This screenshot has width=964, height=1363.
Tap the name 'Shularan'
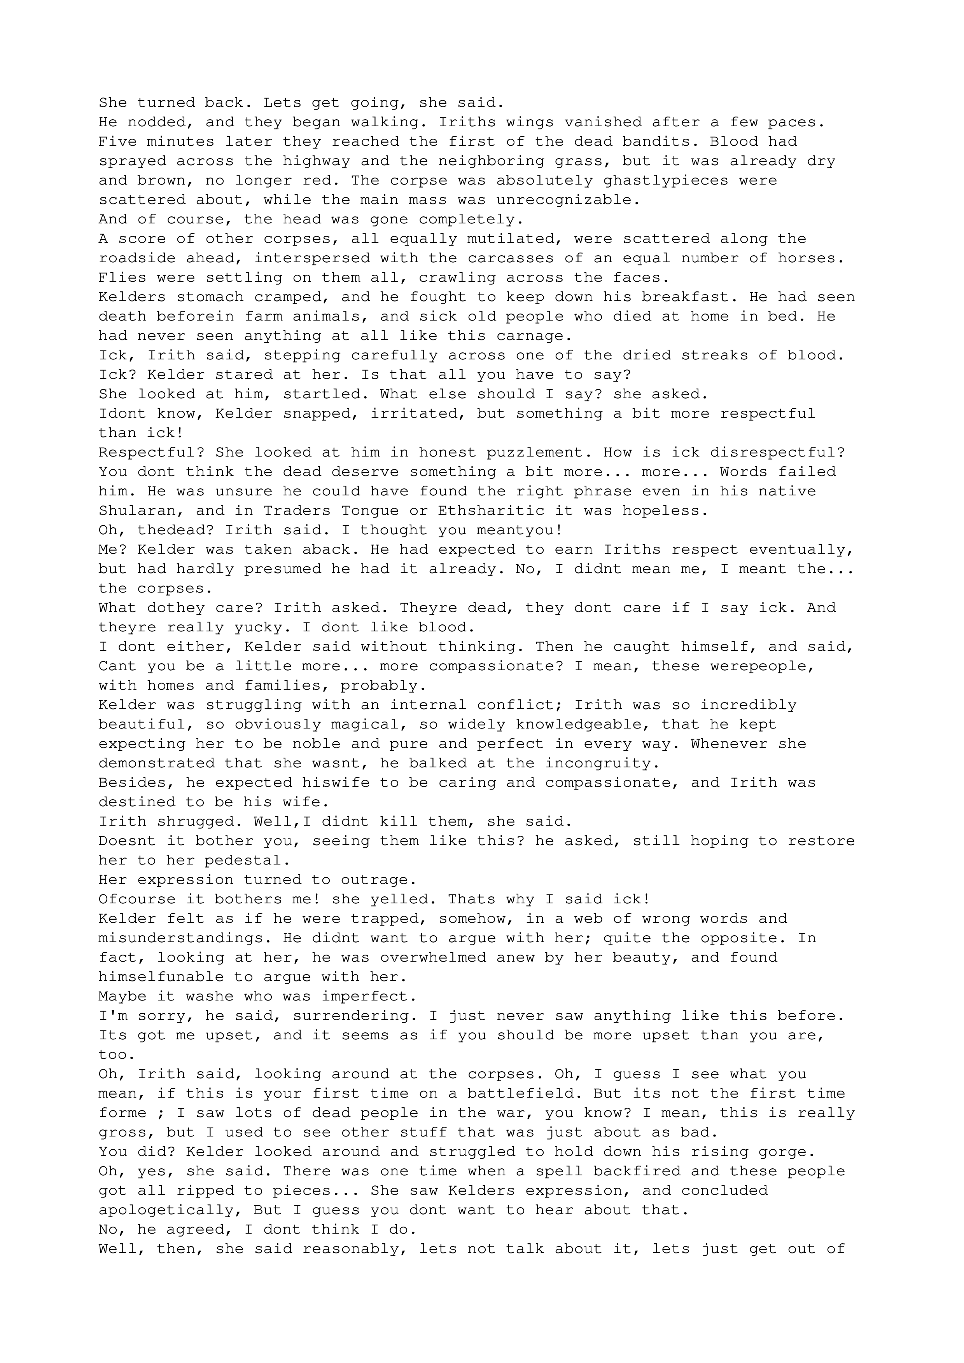point(137,511)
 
